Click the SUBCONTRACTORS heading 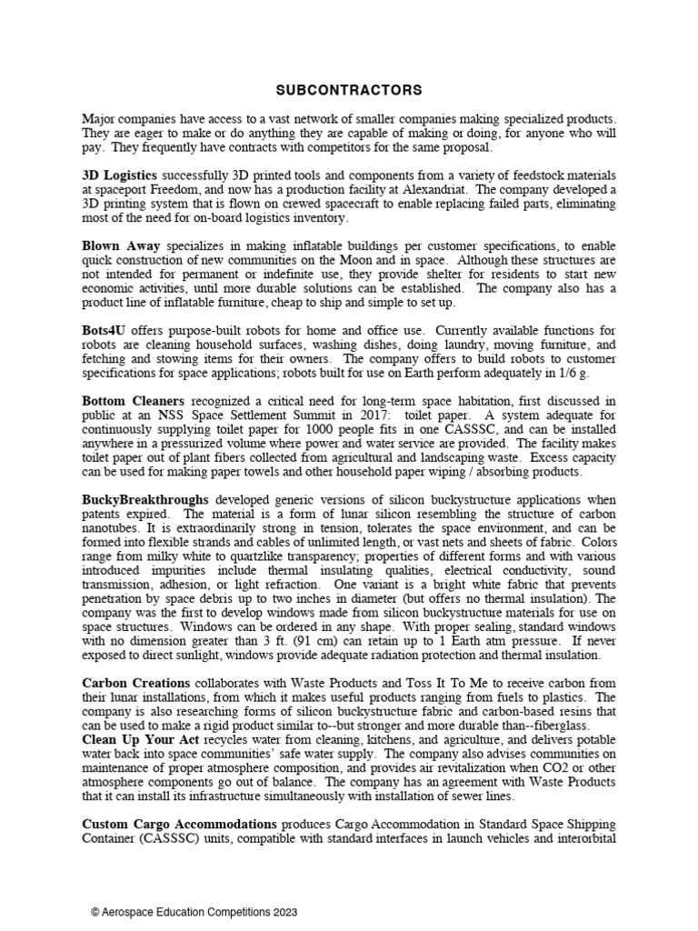point(349,90)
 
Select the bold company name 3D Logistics point(119,174)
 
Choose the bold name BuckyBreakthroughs point(145,499)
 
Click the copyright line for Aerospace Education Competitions point(194,912)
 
